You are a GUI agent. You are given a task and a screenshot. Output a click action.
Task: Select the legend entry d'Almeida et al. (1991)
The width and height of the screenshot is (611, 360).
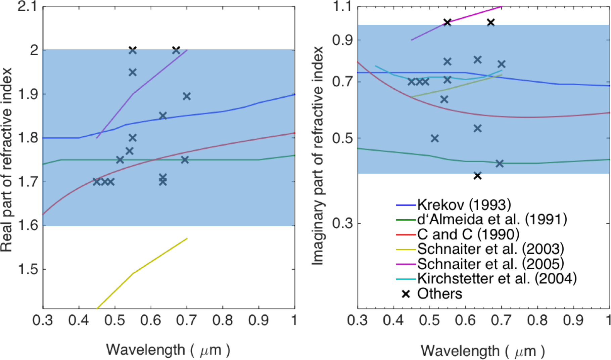(x=492, y=219)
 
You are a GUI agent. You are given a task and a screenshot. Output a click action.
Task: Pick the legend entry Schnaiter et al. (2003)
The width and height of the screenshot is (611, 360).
(x=490, y=249)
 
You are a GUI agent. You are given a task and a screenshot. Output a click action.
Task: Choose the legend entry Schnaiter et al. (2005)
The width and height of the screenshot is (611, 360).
(x=490, y=264)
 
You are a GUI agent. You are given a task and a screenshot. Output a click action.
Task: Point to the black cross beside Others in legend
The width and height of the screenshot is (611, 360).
(x=406, y=294)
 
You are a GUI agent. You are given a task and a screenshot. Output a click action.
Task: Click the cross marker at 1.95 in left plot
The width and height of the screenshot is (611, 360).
(x=133, y=72)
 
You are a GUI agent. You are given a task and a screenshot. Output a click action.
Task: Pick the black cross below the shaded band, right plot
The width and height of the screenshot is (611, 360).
(x=477, y=176)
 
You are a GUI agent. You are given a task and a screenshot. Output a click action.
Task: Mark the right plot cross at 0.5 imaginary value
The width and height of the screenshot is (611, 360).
(x=435, y=138)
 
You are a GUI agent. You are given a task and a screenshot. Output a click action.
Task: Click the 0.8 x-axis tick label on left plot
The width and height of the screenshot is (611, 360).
(x=223, y=320)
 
